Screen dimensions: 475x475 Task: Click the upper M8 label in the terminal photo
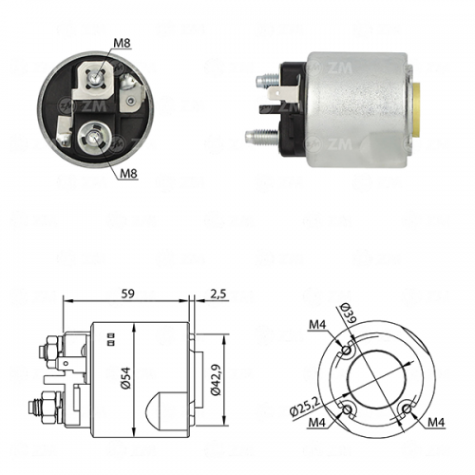[x=122, y=43]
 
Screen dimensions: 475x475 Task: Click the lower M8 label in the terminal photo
[x=128, y=173]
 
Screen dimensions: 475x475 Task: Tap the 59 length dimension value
[x=128, y=294]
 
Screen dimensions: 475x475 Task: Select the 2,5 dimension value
[x=218, y=294]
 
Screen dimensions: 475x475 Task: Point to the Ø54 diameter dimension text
[x=125, y=378]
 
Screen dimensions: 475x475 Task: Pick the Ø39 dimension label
[x=349, y=313]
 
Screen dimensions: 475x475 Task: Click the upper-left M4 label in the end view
[x=317, y=324]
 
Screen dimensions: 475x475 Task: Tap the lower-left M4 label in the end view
[x=317, y=422]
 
